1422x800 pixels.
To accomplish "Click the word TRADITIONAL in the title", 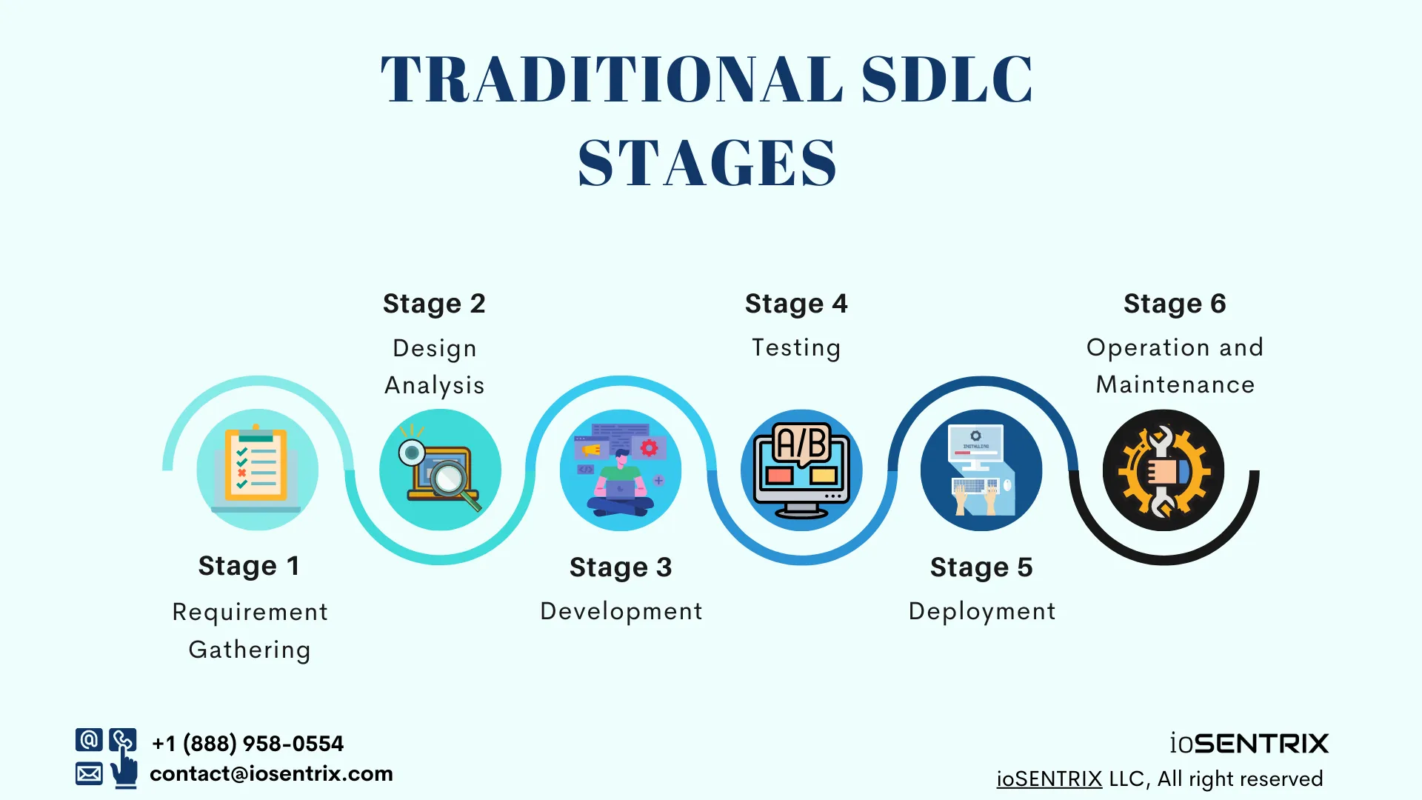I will (x=612, y=79).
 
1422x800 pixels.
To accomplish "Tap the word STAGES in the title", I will (x=707, y=164).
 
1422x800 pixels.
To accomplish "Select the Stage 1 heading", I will (x=249, y=566).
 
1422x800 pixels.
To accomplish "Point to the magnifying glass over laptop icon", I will (x=441, y=470).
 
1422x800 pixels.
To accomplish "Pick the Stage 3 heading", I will (x=621, y=567).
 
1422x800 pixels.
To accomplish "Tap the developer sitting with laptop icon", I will (x=621, y=470).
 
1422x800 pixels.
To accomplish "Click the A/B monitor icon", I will (x=801, y=470).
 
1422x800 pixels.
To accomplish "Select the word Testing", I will (x=796, y=347).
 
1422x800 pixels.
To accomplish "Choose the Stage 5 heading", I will (x=981, y=567).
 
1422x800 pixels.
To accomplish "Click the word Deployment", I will (x=982, y=611).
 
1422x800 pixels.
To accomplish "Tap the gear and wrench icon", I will (x=1163, y=470).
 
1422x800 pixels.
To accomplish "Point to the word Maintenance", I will (x=1175, y=384).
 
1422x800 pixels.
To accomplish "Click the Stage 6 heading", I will (x=1175, y=304).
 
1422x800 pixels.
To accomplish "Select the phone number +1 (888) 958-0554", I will (x=247, y=743).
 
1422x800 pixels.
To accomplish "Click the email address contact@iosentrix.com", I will (x=271, y=774).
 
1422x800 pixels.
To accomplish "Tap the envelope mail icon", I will (x=89, y=774).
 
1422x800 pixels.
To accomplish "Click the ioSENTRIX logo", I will (x=1249, y=743).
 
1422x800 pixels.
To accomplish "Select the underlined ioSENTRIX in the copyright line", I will (x=1049, y=779).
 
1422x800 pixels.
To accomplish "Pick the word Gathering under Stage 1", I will (x=250, y=650).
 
